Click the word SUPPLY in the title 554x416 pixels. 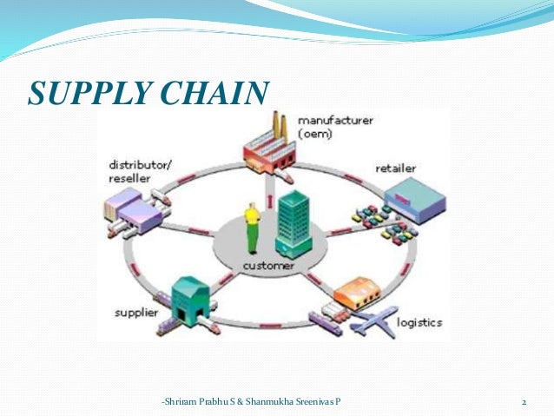click(x=83, y=93)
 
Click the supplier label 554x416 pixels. click(x=133, y=311)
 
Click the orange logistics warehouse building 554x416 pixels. click(x=357, y=294)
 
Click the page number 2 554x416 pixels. click(x=524, y=402)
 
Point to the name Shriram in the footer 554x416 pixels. click(x=182, y=402)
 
